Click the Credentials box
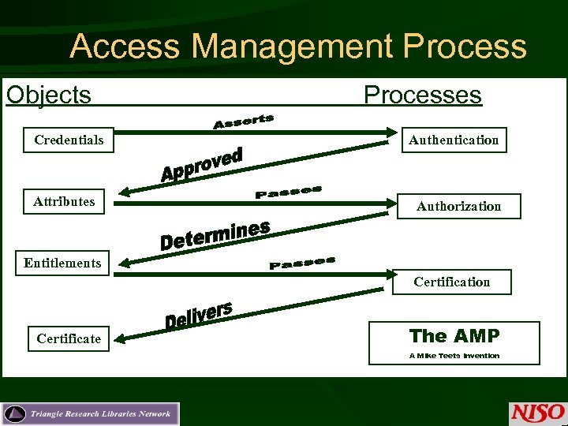coord(69,140)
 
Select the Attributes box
coord(64,202)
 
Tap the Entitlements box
coord(62,263)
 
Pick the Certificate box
coord(69,339)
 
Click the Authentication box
coord(454,140)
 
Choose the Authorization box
coord(458,207)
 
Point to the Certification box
coord(452,282)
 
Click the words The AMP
coord(454,336)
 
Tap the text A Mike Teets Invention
coord(454,356)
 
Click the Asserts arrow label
coord(243,121)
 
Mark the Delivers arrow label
coord(198,314)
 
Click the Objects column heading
coord(49,95)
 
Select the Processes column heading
coord(422,95)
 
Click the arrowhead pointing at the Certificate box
coord(124,337)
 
